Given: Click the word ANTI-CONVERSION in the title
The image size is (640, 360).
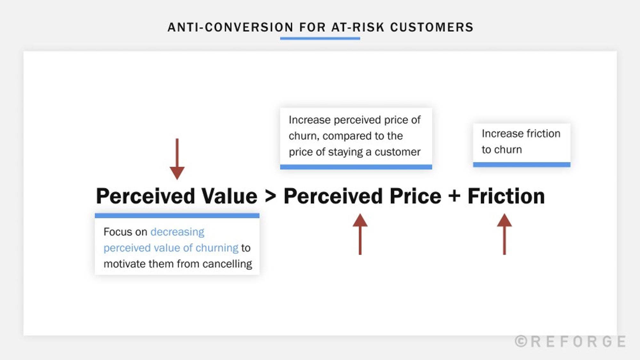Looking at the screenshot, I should [x=230, y=28].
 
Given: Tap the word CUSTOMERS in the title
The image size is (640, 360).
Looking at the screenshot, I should [x=432, y=28].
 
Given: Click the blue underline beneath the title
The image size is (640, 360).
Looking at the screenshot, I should [x=320, y=38].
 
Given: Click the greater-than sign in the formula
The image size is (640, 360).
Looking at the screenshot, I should [x=270, y=196].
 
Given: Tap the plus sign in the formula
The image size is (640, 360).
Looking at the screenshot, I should [x=454, y=196].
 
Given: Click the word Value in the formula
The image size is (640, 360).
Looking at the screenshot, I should [x=229, y=196].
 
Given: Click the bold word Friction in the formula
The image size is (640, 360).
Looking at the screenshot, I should [x=506, y=196].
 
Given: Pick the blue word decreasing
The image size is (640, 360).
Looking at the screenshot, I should [x=177, y=232].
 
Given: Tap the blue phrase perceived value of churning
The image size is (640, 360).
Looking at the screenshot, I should [x=171, y=248].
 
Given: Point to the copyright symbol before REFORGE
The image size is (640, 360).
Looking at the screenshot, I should [x=521, y=341].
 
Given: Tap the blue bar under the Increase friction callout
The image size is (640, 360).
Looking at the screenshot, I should [x=522, y=164].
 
